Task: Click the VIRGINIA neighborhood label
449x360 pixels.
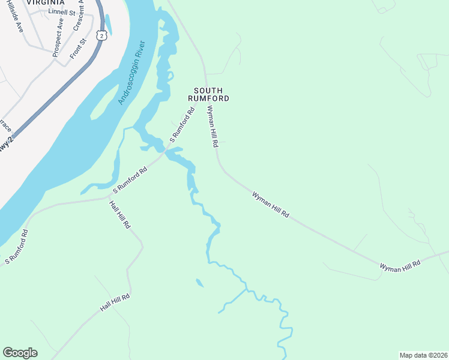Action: pos(45,2)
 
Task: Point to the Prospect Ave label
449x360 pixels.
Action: pos(58,38)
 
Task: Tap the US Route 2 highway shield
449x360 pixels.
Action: pos(101,37)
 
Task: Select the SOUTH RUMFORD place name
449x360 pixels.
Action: pos(208,94)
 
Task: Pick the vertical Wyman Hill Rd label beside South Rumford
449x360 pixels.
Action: pos(211,127)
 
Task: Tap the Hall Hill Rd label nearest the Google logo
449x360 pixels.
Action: pos(115,303)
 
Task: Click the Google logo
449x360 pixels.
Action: pos(20,353)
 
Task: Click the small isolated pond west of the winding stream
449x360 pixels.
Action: pos(199,283)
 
